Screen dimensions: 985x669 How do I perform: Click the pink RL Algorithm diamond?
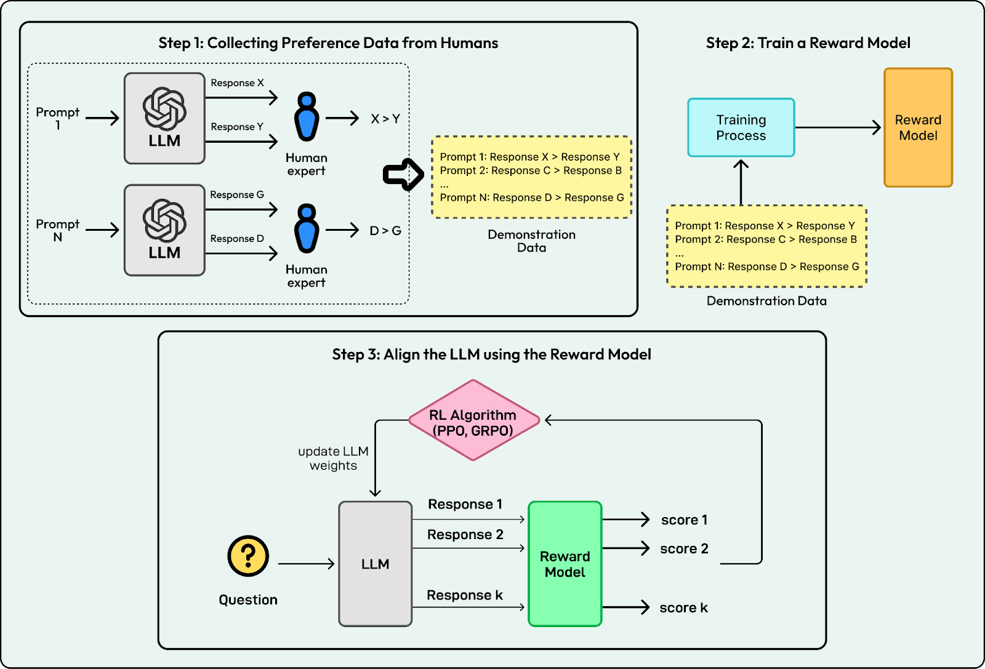(473, 420)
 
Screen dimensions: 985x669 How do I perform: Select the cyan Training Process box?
(741, 127)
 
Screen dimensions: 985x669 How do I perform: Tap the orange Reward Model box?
(918, 127)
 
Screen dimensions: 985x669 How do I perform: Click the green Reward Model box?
(565, 564)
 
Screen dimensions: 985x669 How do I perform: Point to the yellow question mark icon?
(248, 556)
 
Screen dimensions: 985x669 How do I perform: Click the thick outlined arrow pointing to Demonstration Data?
(403, 175)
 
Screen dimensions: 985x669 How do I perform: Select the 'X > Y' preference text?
(385, 119)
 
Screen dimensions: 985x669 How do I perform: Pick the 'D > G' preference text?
(385, 231)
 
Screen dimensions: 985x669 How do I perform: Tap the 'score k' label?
(684, 607)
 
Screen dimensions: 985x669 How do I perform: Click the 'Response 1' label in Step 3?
(465, 504)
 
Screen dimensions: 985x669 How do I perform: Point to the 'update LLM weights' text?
(333, 459)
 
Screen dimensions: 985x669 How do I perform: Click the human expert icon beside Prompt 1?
(307, 116)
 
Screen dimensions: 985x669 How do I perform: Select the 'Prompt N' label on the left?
(58, 230)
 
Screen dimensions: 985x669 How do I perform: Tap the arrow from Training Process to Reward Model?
(838, 127)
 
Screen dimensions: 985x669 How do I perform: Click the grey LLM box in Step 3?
(375, 564)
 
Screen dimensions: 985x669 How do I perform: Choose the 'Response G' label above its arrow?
(237, 194)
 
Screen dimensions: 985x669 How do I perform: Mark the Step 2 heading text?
(808, 42)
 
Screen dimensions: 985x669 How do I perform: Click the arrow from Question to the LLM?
(307, 564)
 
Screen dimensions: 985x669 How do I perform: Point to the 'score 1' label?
(684, 520)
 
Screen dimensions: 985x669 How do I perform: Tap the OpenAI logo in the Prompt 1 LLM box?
(164, 108)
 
